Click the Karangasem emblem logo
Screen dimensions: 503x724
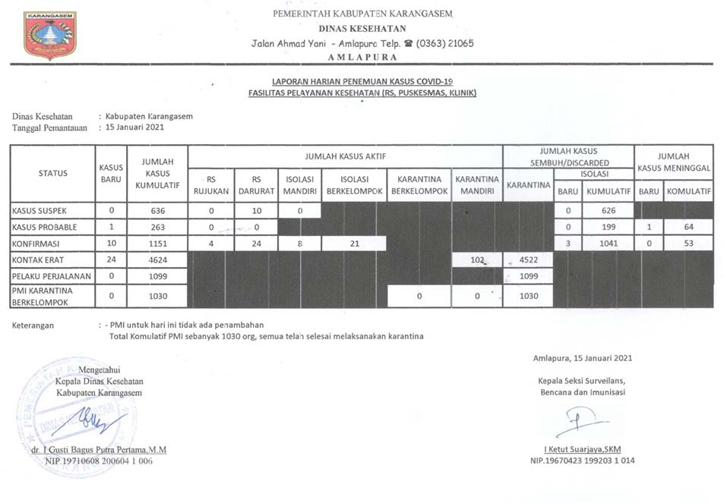click(x=50, y=35)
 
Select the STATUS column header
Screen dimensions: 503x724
click(x=52, y=173)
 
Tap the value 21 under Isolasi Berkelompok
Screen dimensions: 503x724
click(x=354, y=244)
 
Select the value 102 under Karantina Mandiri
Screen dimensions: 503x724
click(x=477, y=259)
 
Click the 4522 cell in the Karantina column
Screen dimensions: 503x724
click(x=528, y=259)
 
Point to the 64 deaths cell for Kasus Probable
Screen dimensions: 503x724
click(x=688, y=227)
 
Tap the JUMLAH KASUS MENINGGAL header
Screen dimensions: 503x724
click(x=673, y=161)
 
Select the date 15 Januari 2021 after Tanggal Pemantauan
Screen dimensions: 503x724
click(x=134, y=127)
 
